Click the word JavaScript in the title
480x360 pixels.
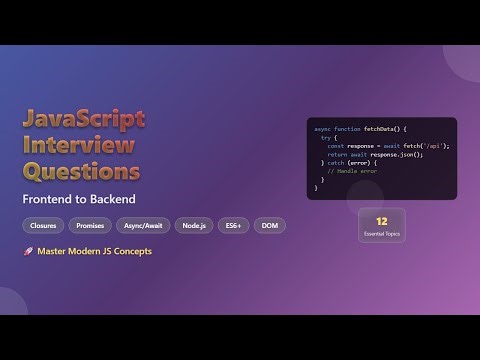pos(84,119)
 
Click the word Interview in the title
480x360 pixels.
pos(78,146)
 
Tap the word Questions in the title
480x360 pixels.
pos(82,172)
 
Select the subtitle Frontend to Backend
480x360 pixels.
pos(79,199)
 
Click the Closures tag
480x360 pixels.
pos(44,226)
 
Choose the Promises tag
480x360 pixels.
pos(90,226)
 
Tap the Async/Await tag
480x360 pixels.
pos(142,226)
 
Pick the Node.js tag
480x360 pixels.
pos(195,226)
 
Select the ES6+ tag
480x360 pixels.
pos(234,226)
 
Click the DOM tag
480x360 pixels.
pos(270,226)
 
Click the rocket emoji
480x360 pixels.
pos(28,251)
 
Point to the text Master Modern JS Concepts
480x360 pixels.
pos(94,251)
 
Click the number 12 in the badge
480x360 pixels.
pos(382,219)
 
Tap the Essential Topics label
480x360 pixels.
pos(382,232)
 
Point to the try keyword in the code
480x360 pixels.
pos(325,138)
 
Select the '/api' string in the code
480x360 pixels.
pos(433,146)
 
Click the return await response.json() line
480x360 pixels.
pos(375,154)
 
